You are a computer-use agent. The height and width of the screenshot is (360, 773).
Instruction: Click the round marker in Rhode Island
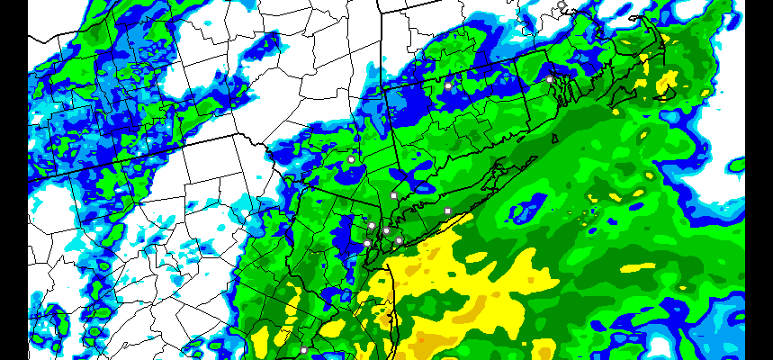550,79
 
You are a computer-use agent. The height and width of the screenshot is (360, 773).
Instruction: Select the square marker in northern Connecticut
447,85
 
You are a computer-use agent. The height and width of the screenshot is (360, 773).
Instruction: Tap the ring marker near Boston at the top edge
562,5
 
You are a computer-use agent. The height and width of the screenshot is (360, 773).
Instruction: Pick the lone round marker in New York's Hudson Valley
351,159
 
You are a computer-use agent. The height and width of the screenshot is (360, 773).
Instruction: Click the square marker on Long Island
447,211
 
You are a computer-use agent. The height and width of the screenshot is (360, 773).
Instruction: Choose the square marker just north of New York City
393,195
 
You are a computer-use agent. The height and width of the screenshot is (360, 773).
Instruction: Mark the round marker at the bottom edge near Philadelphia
304,349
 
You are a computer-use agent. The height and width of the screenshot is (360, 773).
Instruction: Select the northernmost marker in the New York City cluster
372,225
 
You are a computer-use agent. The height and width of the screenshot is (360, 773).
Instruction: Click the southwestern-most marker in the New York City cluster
367,242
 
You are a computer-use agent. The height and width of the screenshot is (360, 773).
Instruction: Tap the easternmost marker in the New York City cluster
399,240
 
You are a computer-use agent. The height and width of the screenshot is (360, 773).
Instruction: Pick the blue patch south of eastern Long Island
526,211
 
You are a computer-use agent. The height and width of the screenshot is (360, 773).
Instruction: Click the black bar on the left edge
13,180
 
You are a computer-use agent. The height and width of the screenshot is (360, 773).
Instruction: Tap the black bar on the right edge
759,180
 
